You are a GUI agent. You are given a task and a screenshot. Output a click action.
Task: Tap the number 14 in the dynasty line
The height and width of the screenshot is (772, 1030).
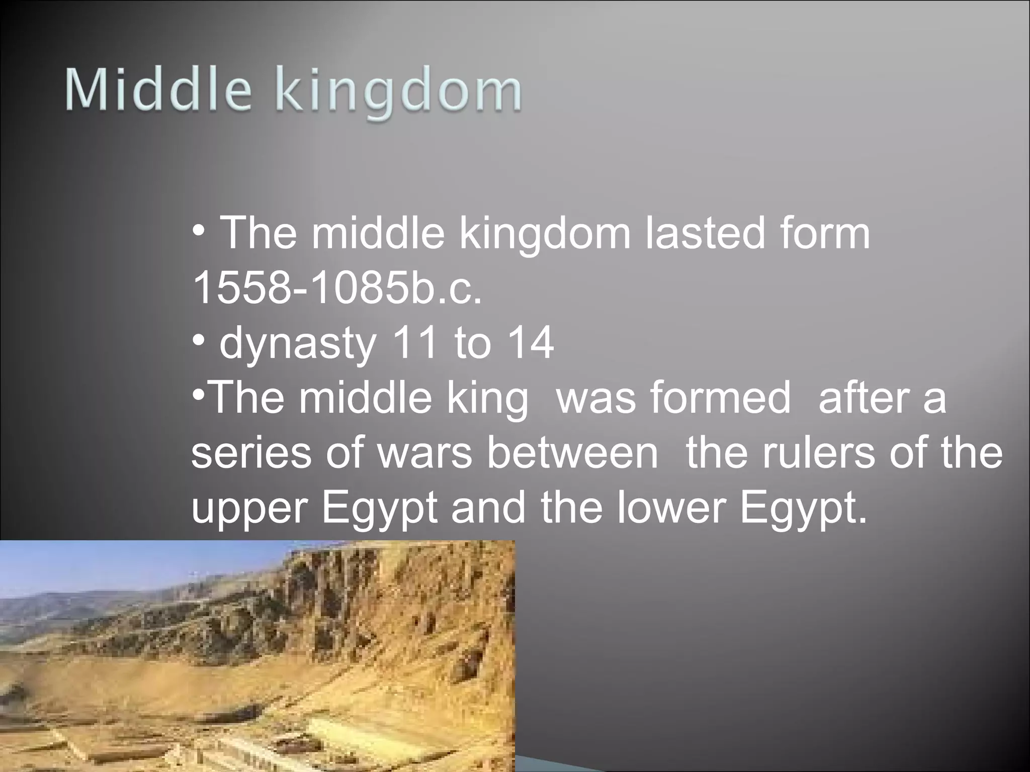(531, 344)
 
